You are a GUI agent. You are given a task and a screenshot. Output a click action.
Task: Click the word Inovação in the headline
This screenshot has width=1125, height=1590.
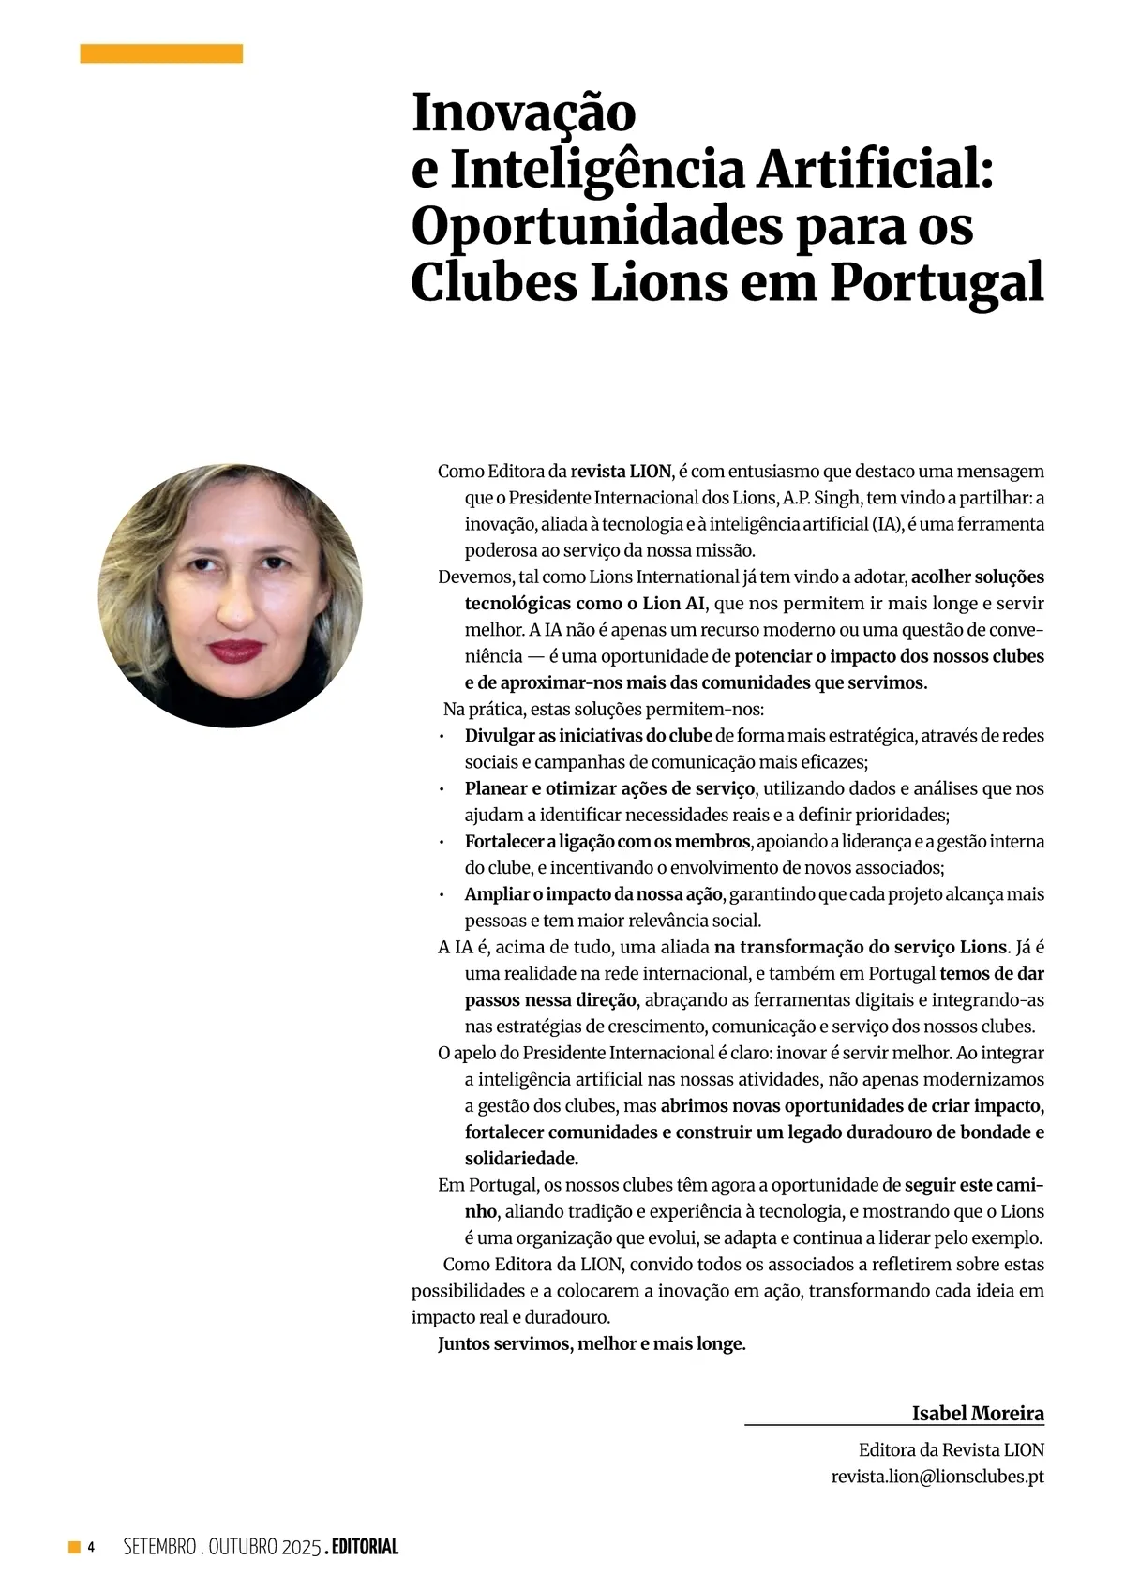(523, 112)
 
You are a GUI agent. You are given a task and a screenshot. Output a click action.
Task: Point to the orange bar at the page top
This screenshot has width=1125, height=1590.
(161, 53)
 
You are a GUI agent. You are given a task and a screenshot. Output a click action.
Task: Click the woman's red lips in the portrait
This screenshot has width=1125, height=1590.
(235, 650)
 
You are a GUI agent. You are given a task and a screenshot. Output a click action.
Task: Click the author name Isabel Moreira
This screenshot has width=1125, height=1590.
(977, 1413)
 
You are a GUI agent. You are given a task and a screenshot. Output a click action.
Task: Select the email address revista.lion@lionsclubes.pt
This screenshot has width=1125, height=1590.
(937, 1476)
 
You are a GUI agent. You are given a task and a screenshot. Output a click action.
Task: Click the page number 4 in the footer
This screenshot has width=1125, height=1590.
(91, 1547)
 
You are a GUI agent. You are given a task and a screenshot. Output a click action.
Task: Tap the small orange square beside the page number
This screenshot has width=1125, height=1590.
(74, 1547)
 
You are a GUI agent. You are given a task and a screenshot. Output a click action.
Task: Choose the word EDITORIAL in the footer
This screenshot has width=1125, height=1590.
(365, 1547)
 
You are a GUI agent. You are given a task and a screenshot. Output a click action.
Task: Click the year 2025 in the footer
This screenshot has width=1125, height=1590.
(301, 1547)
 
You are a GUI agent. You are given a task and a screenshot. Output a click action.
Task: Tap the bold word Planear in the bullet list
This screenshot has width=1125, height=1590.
(496, 788)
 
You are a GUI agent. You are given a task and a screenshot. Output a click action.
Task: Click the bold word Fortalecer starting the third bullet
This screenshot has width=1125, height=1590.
(504, 842)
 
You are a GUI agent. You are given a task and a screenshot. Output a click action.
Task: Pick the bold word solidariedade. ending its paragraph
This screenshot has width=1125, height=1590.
(521, 1158)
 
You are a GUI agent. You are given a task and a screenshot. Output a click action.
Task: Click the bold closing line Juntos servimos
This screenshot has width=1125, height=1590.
(591, 1343)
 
